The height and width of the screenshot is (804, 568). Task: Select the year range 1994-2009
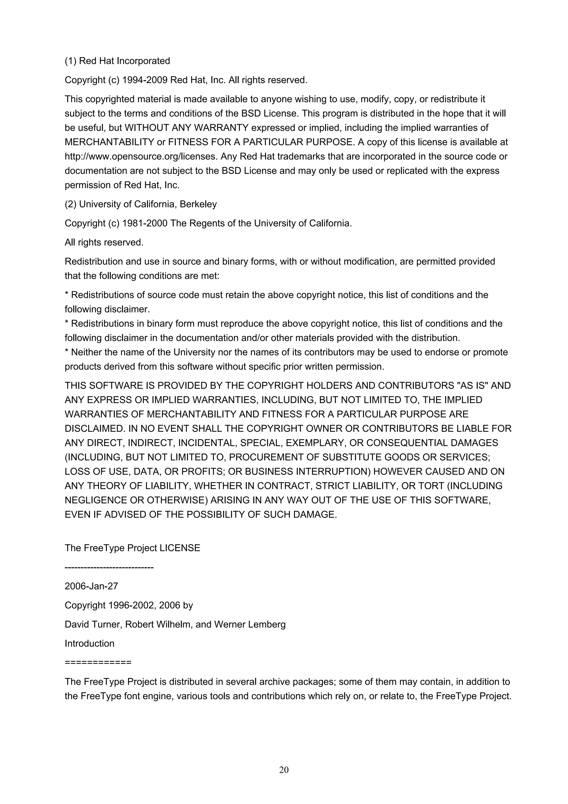(x=144, y=80)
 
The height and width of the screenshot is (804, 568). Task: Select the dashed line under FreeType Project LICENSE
(x=109, y=567)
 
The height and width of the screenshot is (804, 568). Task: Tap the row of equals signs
(x=98, y=662)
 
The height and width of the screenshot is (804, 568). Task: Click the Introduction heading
(x=90, y=643)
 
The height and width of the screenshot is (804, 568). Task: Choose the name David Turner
(x=92, y=624)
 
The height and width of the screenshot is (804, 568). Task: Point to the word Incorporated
(x=143, y=61)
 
